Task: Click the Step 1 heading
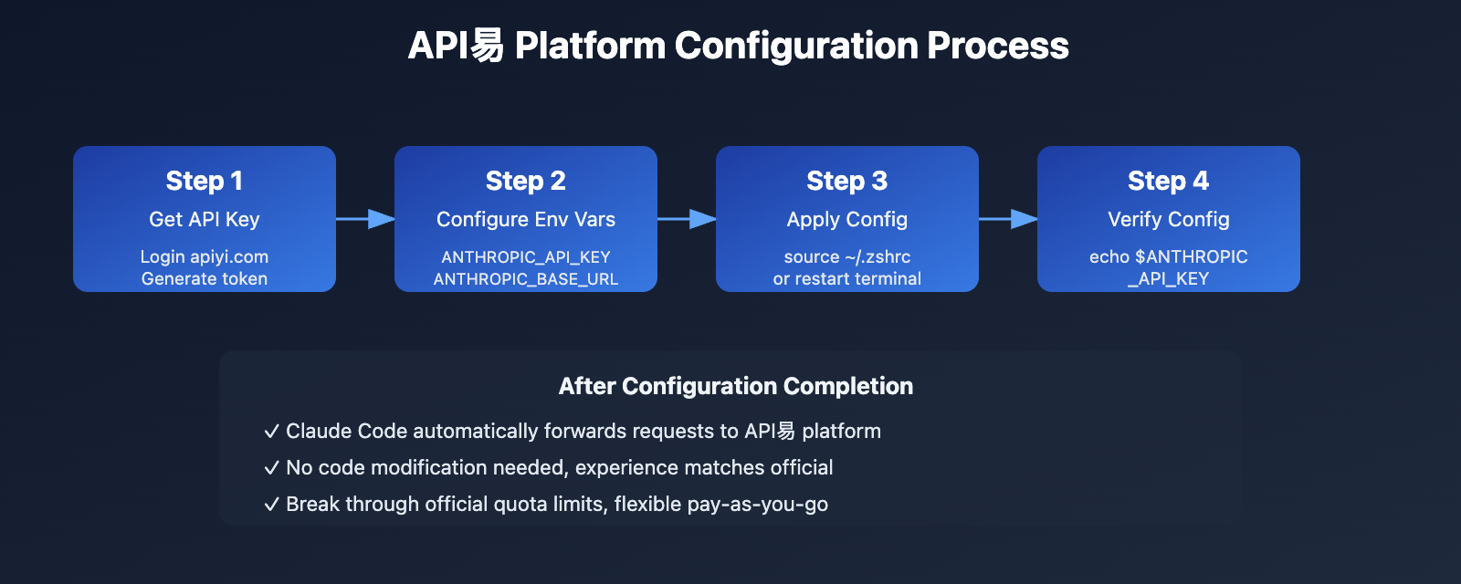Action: tap(205, 181)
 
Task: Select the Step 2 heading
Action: tap(526, 181)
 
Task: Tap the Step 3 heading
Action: tap(847, 181)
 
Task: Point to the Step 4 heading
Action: tap(1168, 181)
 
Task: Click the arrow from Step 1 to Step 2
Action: tap(365, 219)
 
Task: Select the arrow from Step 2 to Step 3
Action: tap(687, 219)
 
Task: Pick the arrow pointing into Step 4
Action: tap(1008, 219)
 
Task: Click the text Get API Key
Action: tap(205, 219)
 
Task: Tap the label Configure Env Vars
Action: tap(526, 219)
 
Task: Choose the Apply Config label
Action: tap(847, 219)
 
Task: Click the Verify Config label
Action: tap(1168, 219)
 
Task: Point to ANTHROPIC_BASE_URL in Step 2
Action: tap(526, 279)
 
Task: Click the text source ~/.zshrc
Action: tap(847, 256)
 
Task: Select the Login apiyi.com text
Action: tap(205, 256)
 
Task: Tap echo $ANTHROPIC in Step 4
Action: tap(1168, 256)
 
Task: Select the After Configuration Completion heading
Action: tap(736, 386)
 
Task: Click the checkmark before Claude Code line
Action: tap(271, 432)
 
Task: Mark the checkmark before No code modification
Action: tap(271, 468)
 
